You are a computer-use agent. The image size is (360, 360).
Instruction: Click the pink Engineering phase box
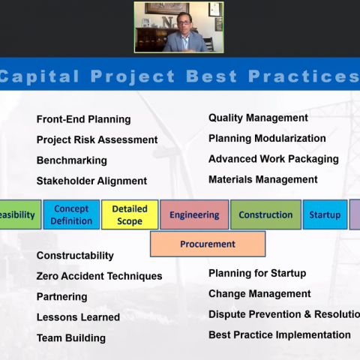point(194,214)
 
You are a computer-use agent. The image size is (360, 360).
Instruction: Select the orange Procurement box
point(208,244)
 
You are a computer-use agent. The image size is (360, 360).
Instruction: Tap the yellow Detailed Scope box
point(130,214)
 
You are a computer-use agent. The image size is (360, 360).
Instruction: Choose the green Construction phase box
point(265,214)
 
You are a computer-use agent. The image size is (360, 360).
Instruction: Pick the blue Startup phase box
point(325,214)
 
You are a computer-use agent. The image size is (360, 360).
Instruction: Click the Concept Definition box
point(71,214)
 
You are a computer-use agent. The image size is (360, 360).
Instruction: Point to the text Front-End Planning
point(84,119)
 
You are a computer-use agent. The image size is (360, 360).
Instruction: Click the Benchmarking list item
point(72,160)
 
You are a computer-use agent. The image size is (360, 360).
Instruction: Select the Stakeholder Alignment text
point(91,181)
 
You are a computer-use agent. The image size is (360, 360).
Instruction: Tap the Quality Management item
point(258,118)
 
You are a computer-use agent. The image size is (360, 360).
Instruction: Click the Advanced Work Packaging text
point(274,159)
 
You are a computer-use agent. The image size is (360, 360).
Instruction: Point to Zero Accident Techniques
point(99,276)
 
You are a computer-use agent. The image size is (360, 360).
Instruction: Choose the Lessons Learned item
point(78,317)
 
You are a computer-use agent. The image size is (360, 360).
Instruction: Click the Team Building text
point(71,338)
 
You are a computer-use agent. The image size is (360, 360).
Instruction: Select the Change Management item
point(259,294)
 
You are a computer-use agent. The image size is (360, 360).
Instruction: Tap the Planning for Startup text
point(257,273)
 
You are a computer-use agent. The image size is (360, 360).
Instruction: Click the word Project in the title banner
point(133,76)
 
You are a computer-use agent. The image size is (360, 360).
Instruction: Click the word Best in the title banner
point(211,76)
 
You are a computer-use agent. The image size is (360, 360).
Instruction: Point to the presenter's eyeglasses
point(184,22)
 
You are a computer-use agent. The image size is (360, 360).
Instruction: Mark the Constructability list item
point(75,256)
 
